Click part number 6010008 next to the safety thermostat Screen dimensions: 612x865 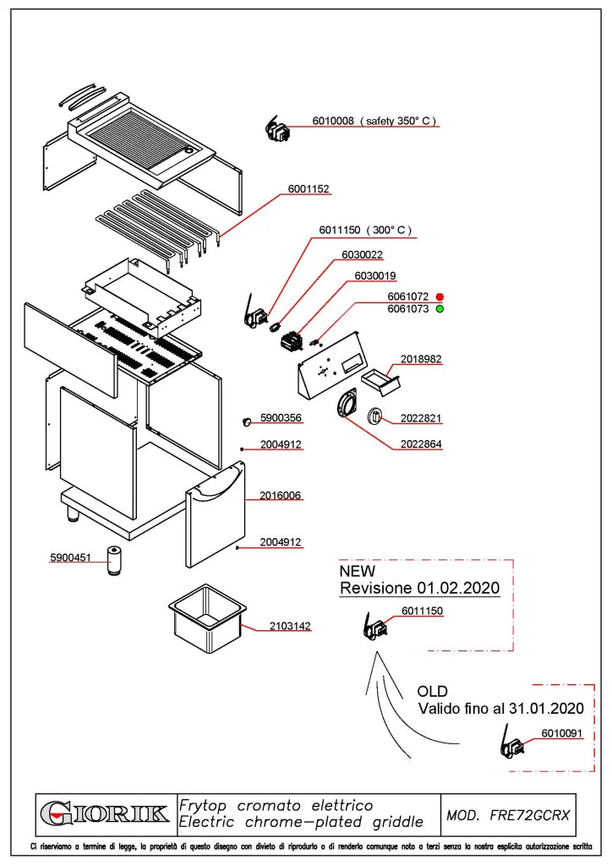333,120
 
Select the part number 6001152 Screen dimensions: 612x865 309,188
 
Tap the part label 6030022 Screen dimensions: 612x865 362,254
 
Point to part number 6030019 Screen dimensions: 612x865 375,275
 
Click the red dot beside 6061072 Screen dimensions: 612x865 440,296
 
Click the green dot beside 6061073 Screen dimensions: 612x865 440,309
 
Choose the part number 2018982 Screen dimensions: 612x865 421,358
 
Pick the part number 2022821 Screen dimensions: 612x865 421,418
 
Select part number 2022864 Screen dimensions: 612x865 421,443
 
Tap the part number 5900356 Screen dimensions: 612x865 281,417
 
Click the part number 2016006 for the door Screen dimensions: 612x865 281,495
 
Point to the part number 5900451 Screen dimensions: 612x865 71,558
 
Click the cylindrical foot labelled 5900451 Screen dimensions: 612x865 114,561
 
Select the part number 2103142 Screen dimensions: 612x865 290,626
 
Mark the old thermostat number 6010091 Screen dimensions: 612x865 562,732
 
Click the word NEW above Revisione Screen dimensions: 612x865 357,571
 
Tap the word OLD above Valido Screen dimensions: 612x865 433,691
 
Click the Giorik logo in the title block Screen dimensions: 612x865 105,813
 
